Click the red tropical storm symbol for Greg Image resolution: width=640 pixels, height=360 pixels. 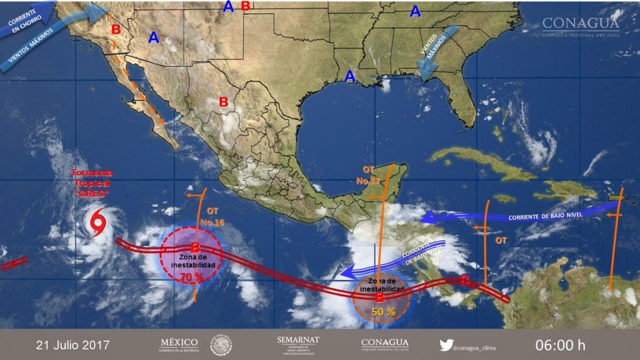(97, 224)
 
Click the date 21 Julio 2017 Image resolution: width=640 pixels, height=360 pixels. (72, 344)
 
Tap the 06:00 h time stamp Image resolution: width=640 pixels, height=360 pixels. (560, 344)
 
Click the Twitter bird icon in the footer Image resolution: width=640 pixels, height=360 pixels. (446, 344)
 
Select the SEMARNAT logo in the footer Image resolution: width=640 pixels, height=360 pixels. (297, 344)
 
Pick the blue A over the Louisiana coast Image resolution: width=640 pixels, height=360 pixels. (350, 76)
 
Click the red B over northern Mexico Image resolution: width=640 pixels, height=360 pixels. (223, 101)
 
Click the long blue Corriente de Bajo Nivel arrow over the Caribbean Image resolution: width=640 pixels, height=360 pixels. (519, 216)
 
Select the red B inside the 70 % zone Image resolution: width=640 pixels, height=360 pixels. (195, 249)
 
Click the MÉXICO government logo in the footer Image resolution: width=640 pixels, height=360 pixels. (179, 344)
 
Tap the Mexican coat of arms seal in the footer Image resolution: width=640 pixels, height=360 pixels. (221, 344)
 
